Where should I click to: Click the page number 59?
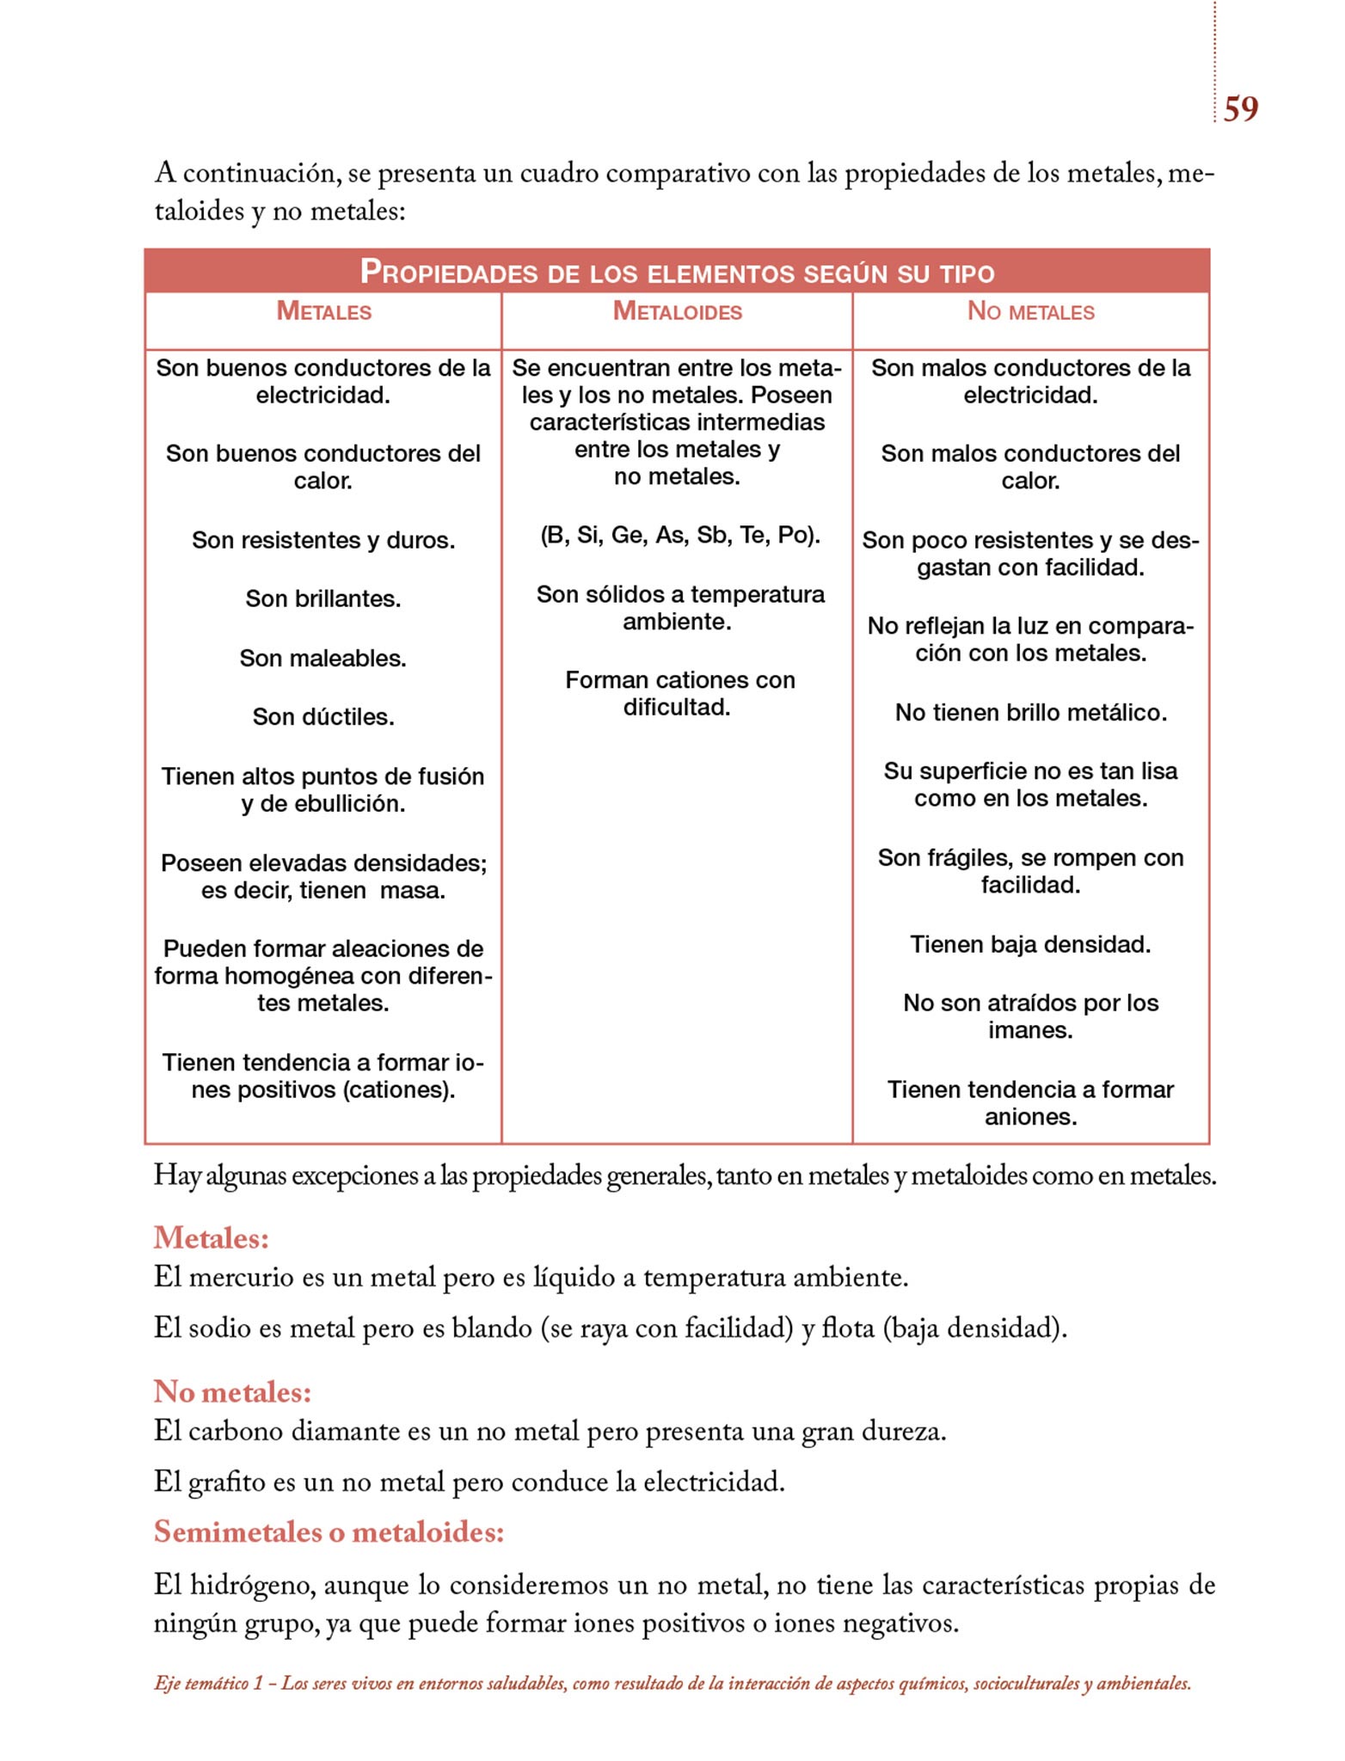point(1240,109)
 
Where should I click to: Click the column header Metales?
point(323,311)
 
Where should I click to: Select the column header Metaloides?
point(677,311)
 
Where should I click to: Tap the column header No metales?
point(1030,311)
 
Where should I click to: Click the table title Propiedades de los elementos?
point(677,273)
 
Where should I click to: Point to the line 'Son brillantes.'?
point(323,598)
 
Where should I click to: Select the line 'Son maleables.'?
point(323,658)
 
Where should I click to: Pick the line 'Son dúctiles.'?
point(323,717)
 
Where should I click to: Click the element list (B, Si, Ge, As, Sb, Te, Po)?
point(680,535)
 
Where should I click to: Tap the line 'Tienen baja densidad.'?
point(1030,944)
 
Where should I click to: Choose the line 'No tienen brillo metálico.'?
point(1030,712)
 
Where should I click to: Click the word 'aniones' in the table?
point(1030,1117)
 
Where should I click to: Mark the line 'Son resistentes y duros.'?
point(323,540)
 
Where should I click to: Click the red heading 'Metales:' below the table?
point(212,1237)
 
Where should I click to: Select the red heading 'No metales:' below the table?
point(232,1390)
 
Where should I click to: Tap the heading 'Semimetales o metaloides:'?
point(329,1531)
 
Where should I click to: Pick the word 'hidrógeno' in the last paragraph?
point(251,1585)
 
